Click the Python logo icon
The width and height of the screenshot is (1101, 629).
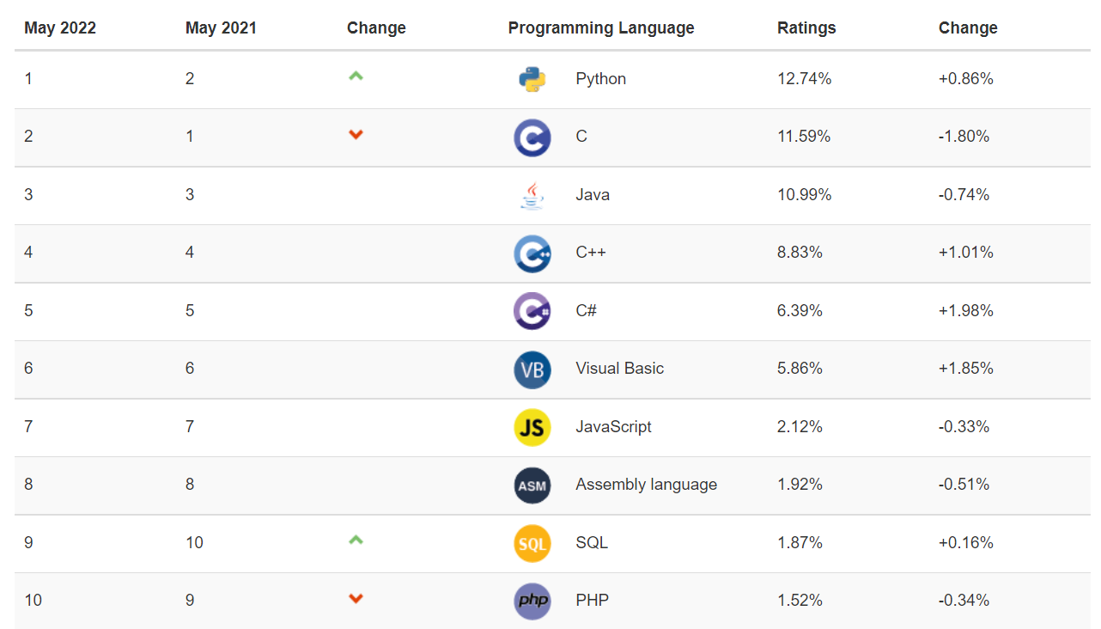click(532, 79)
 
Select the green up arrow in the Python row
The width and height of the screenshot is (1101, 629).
click(356, 76)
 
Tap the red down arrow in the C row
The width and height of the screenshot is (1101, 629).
click(356, 135)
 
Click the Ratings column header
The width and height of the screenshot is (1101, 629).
click(806, 28)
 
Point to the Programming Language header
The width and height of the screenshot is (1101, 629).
click(601, 28)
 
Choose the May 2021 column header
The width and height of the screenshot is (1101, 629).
click(221, 28)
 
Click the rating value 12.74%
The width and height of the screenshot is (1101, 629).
click(805, 79)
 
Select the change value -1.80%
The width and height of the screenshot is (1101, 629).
click(964, 137)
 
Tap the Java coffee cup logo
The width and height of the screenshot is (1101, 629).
click(532, 195)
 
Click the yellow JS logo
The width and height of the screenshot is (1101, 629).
click(532, 427)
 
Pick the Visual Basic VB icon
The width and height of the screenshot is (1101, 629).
click(532, 369)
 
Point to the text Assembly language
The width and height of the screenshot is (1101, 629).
click(646, 485)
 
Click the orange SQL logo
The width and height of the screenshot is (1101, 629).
click(532, 543)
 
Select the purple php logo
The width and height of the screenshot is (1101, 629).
click(532, 601)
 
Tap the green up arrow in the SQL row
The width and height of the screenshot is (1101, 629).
click(356, 540)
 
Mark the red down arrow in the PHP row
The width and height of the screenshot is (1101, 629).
click(356, 599)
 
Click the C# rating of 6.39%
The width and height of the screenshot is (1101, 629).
click(800, 311)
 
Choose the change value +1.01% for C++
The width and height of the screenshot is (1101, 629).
click(965, 253)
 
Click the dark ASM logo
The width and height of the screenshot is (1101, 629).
click(532, 485)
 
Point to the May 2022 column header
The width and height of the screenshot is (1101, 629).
click(60, 28)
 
